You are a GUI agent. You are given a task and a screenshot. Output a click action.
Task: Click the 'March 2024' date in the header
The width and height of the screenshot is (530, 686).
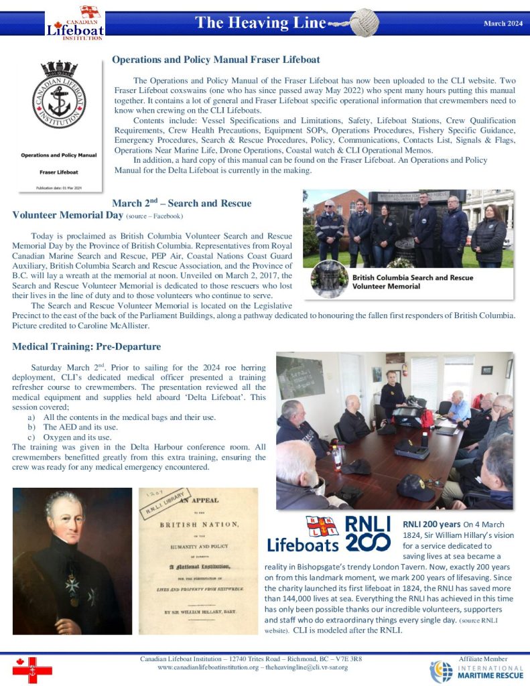(x=503, y=23)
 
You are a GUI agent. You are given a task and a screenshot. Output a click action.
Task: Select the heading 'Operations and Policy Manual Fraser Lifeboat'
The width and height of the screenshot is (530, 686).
(x=216, y=60)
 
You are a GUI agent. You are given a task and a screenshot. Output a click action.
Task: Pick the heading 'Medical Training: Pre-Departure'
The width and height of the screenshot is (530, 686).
(x=86, y=346)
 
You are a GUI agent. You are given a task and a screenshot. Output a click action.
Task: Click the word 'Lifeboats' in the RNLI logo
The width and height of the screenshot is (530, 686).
(x=303, y=544)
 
